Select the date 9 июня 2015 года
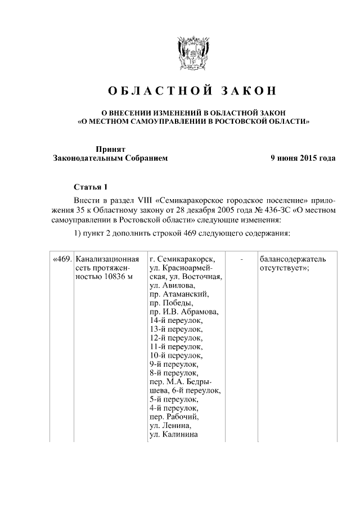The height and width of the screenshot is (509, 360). pos(303,158)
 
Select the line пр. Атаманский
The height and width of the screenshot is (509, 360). pos(179,294)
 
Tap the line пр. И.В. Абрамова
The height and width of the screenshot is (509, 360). pos(184,312)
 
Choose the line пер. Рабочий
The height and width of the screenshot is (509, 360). pos(174,417)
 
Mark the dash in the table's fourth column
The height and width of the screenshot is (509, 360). pos(242,259)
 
